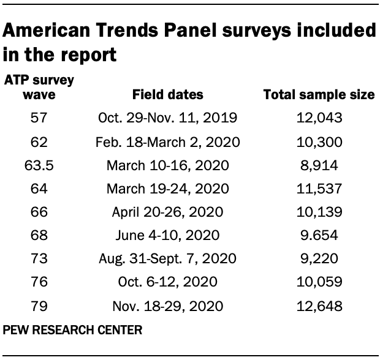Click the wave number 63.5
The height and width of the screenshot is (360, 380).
[39, 165]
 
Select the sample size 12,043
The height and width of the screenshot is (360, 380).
[318, 118]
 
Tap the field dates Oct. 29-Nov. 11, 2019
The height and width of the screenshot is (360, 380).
[167, 118]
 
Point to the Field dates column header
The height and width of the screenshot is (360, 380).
[167, 95]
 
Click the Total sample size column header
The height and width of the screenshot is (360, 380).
[319, 95]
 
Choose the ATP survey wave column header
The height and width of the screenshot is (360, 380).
[39, 88]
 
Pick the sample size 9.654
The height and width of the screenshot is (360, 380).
[318, 234]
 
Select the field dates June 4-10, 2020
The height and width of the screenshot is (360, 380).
[167, 234]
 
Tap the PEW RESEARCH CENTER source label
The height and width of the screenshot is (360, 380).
[73, 329]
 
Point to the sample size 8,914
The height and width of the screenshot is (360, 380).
[318, 165]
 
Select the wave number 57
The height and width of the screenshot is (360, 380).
[39, 118]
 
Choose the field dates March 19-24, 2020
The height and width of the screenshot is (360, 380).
[167, 188]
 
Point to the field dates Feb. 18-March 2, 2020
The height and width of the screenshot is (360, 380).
[167, 141]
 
